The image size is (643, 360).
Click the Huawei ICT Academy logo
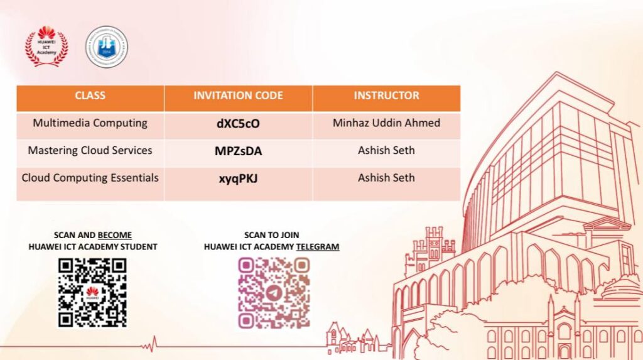[x=46, y=46]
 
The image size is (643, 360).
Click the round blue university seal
[x=107, y=46]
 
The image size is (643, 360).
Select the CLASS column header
[x=90, y=95]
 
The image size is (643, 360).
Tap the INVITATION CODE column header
[x=238, y=95]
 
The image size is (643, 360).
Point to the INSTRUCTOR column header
[x=386, y=95]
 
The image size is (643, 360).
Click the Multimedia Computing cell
[x=90, y=123]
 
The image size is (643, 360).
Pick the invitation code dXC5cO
[x=238, y=124]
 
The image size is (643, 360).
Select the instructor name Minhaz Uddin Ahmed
[x=386, y=123]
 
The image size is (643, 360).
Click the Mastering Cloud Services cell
[x=90, y=150]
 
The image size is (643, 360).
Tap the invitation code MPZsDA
[x=238, y=151]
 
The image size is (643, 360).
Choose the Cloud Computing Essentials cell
[x=90, y=178]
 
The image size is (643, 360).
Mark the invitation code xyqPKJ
[x=238, y=179]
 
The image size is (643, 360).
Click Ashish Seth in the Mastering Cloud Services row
[x=386, y=150]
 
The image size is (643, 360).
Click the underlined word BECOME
[x=115, y=235]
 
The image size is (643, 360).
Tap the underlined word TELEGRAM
[x=318, y=247]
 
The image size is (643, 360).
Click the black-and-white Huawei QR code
[x=92, y=293]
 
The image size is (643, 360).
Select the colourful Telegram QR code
[x=274, y=293]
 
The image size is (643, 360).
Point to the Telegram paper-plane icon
[x=274, y=293]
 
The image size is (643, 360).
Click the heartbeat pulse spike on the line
[x=154, y=344]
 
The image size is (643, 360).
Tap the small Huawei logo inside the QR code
[x=92, y=293]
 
